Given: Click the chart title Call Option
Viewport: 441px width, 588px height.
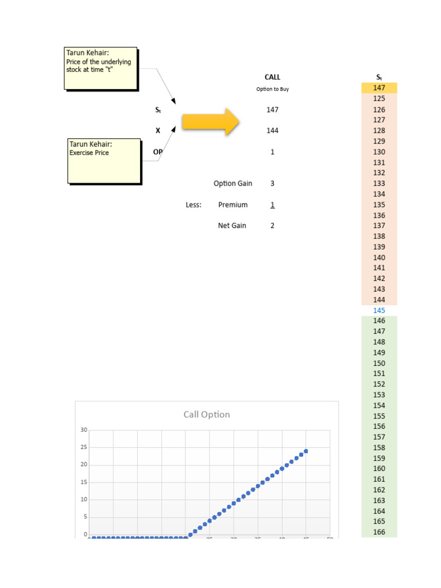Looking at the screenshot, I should coord(207,415).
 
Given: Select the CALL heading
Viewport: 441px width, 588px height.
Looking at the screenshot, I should coord(272,77).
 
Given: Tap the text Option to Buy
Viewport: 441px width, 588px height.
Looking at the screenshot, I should coord(272,90).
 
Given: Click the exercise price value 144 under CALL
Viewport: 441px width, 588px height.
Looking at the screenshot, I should coord(272,130).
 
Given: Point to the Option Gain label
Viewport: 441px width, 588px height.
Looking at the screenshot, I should coord(233,184).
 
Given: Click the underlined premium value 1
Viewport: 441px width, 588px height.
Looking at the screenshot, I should coord(272,205).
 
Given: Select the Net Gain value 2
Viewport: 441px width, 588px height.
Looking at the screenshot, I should coord(272,226).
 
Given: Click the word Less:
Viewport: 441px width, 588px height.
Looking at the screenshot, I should coord(194,205).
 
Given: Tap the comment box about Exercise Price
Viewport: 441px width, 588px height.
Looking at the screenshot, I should coord(105,160).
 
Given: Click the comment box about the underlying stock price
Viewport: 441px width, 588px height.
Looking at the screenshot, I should coord(100,68).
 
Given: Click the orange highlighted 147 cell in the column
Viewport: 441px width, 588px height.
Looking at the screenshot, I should coord(379,88).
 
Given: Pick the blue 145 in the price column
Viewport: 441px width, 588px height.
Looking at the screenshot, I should coord(379,311).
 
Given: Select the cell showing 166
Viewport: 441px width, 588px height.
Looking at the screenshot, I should coord(379,532).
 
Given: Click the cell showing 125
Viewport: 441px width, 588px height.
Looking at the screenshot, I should coord(379,99).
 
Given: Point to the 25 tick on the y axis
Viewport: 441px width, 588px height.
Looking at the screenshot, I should coord(84,447).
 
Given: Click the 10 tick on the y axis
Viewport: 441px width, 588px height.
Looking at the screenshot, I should coord(84,500).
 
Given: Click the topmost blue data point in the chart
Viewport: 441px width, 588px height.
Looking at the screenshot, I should coord(306,451).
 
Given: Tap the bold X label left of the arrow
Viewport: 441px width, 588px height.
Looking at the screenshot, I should coord(158,130).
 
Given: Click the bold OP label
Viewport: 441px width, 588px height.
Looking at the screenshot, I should coord(157,152).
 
